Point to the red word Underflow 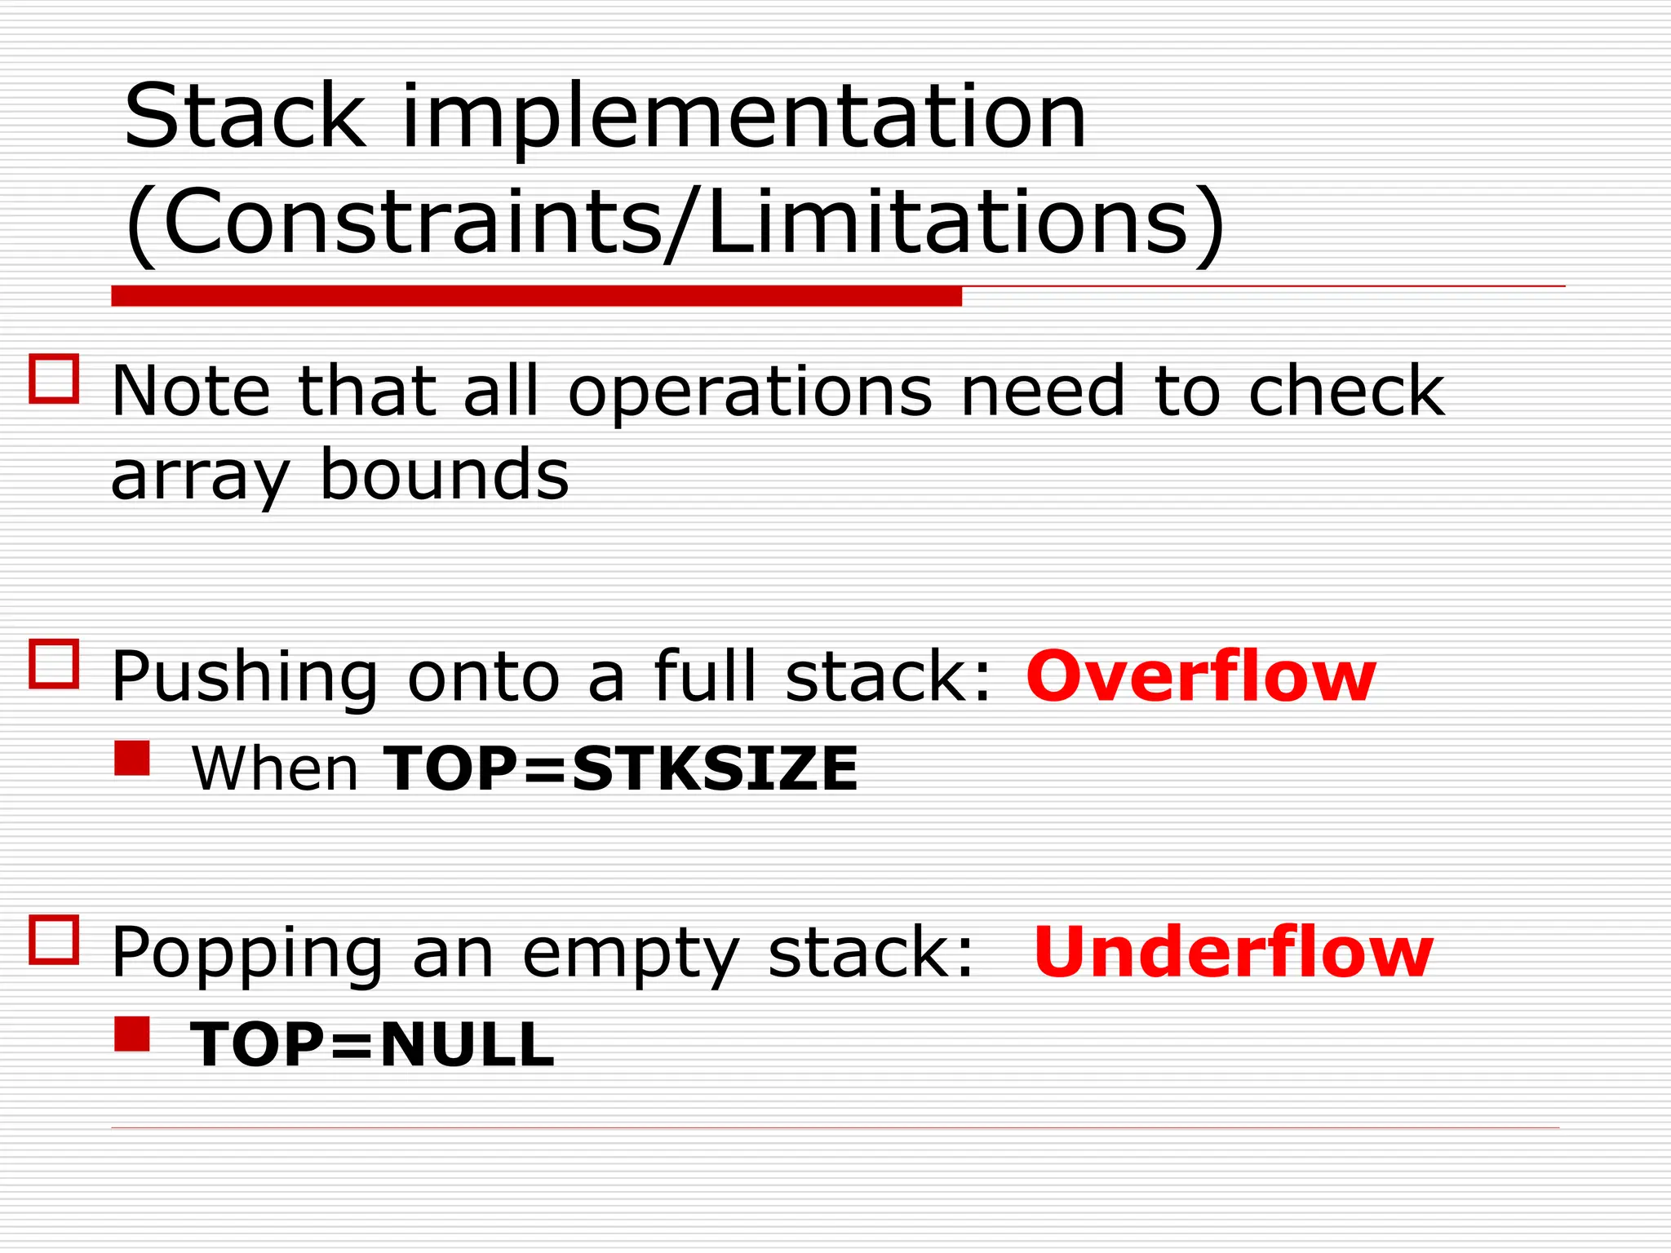point(1233,952)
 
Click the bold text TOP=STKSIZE point(620,768)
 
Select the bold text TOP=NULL point(372,1044)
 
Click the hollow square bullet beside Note point(54,379)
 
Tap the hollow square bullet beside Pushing point(54,664)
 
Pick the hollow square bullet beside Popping point(54,940)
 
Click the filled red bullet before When point(132,758)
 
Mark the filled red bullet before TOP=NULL point(132,1034)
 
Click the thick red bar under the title point(536,296)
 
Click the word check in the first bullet point(1346,392)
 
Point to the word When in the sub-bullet point(274,769)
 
